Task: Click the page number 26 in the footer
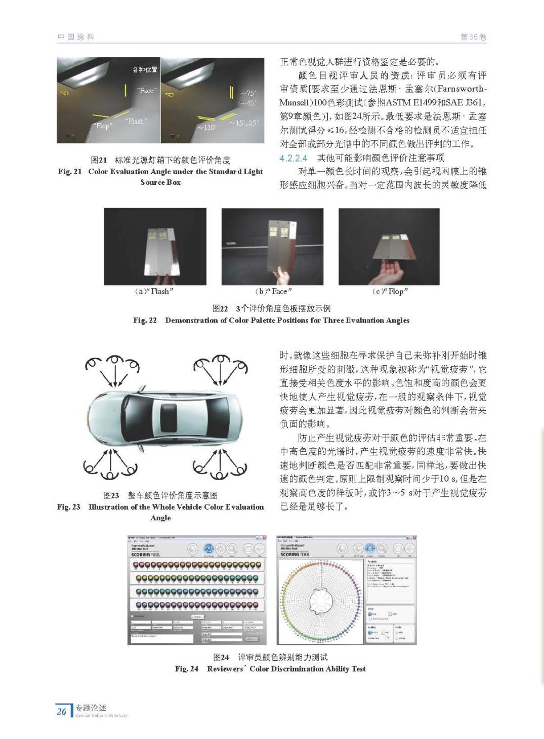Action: click(62, 711)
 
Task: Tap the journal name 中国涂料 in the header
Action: click(76, 37)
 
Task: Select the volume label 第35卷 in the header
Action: click(473, 37)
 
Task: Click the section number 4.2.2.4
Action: click(294, 158)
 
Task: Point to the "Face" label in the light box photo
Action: click(147, 91)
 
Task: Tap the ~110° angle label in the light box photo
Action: click(206, 127)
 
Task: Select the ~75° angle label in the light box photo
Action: click(248, 93)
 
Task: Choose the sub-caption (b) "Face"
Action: click(273, 291)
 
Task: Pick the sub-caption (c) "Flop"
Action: click(390, 291)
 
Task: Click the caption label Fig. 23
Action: click(69, 507)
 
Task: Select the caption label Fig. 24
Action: click(187, 669)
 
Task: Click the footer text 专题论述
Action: click(91, 708)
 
